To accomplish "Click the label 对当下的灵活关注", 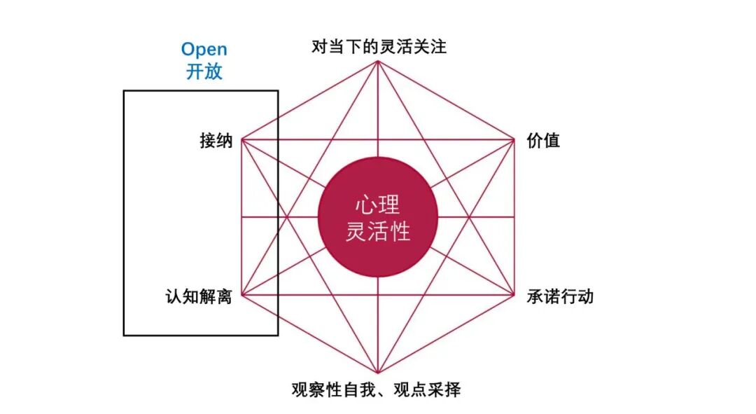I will click(x=379, y=47).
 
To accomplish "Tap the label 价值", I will click(x=543, y=140).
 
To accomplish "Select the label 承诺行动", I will click(x=560, y=296).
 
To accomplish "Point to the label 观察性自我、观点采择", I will click(x=376, y=389).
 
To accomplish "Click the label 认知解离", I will click(x=198, y=297).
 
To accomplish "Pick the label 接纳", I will click(x=216, y=140).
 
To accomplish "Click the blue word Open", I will click(x=204, y=50).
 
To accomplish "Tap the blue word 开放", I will click(x=204, y=71).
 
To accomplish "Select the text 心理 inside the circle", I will click(x=378, y=205).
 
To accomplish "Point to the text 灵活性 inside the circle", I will click(x=378, y=230).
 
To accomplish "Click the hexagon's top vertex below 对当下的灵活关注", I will click(x=378, y=61).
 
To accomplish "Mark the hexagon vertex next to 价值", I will click(x=514, y=140).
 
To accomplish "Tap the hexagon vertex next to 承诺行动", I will click(x=514, y=295).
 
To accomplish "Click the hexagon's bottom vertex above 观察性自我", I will click(x=378, y=373).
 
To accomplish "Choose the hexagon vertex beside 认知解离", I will click(x=241, y=295).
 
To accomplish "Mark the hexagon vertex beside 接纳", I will click(x=241, y=140).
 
